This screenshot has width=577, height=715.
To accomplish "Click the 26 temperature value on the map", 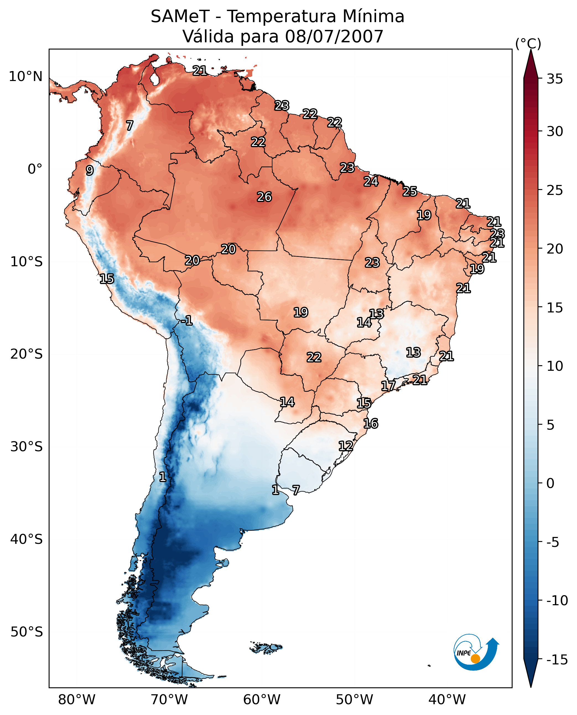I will (264, 197).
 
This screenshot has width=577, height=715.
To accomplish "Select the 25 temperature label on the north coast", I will (410, 191).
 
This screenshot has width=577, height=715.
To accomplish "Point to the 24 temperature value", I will (371, 181).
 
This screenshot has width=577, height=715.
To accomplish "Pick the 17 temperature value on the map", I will (388, 386).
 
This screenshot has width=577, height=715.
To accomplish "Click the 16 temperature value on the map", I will (371, 424).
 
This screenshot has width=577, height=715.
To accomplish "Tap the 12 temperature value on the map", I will (346, 446).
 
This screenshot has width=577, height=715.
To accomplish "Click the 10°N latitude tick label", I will (26, 77).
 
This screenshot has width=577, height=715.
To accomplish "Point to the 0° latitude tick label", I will (35, 169).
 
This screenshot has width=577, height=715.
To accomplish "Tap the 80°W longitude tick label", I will (77, 700).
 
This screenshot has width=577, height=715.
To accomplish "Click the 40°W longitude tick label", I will (447, 700).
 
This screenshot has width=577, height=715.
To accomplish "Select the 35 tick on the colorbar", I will (555, 79).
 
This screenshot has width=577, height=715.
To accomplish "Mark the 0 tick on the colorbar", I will (550, 483).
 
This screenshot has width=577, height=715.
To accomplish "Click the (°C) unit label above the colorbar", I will (528, 43).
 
